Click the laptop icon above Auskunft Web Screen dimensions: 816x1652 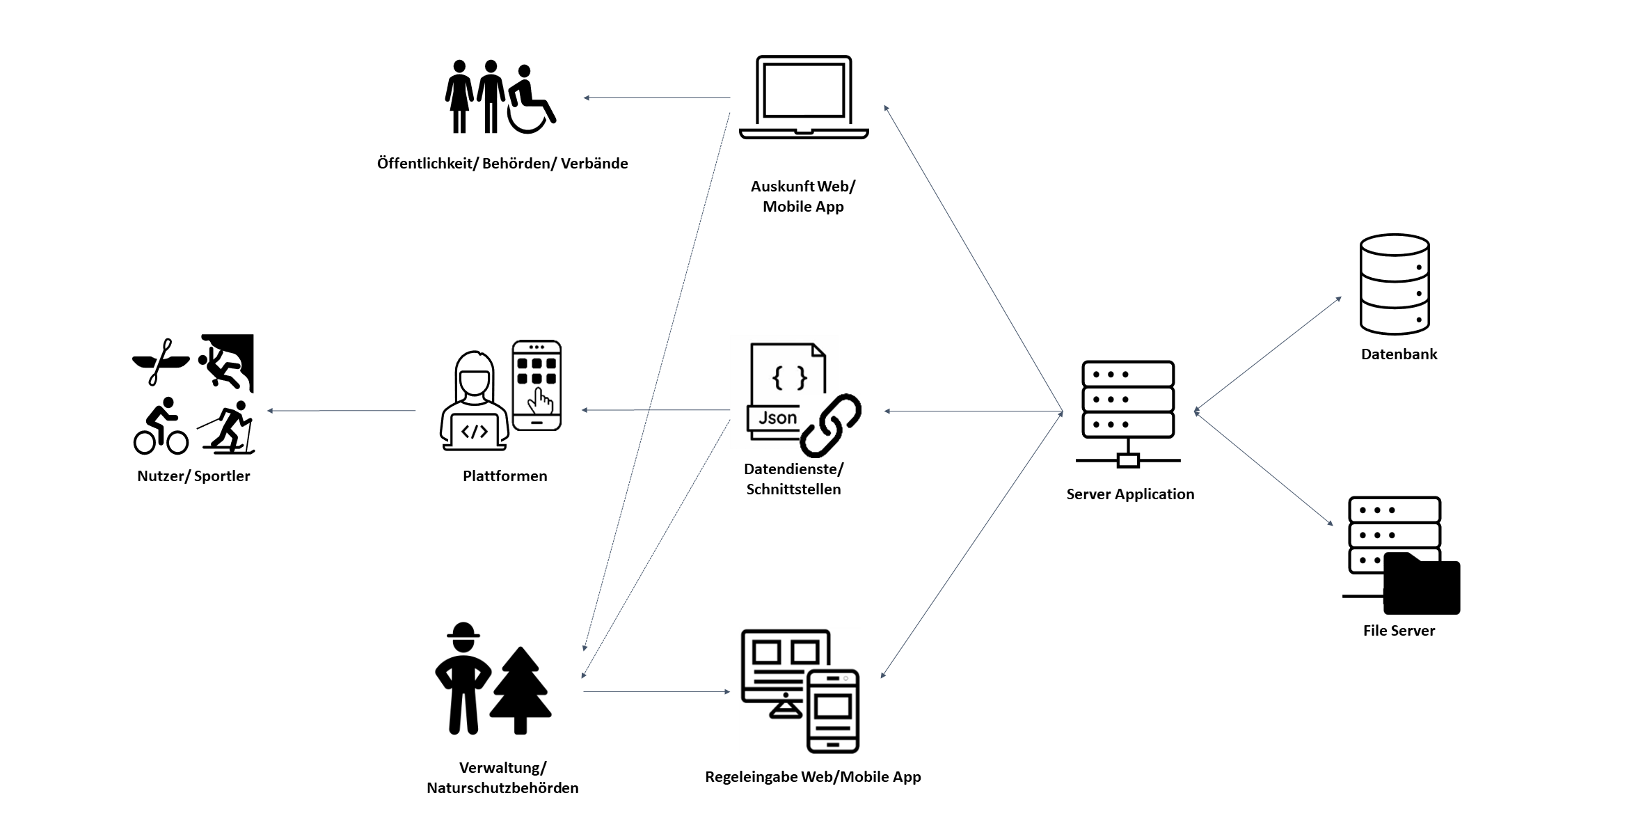804,97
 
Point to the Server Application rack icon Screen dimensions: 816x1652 1128,411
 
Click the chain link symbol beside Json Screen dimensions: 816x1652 830,424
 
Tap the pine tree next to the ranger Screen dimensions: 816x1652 521,689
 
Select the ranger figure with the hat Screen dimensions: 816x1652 463,678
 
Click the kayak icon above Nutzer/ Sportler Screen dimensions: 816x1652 161,361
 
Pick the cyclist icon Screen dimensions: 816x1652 161,427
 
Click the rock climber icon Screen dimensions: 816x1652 226,362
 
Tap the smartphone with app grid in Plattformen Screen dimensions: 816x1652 537,385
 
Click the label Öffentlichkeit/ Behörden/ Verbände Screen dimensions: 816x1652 502,164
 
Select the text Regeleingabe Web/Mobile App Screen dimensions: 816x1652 813,777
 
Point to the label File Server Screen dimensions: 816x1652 1399,631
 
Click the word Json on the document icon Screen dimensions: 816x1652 777,418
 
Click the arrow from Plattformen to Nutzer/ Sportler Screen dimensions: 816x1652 341,411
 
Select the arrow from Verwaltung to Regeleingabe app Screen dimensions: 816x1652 656,691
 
